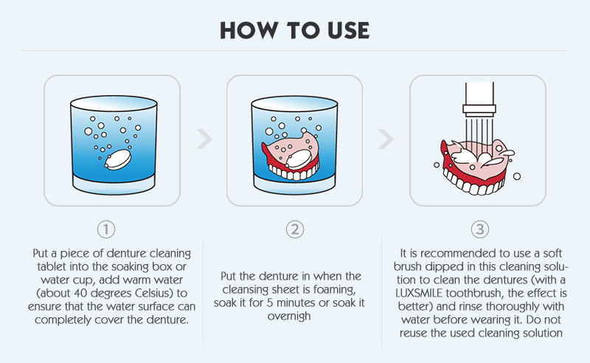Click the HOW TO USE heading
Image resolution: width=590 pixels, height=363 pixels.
(x=295, y=29)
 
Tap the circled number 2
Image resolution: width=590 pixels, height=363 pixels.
(x=294, y=229)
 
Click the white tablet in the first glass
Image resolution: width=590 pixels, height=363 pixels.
(x=117, y=158)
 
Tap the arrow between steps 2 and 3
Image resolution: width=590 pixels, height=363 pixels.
(x=386, y=139)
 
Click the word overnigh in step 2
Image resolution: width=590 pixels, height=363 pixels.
(x=294, y=316)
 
